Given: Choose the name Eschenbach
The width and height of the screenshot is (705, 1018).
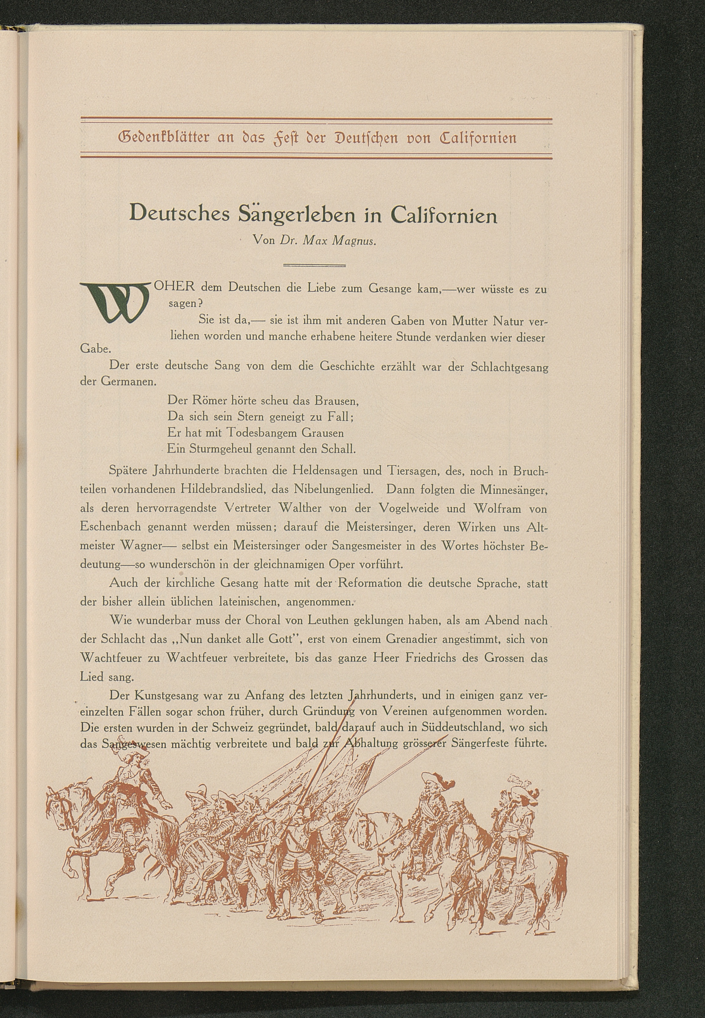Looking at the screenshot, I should (110, 527).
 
